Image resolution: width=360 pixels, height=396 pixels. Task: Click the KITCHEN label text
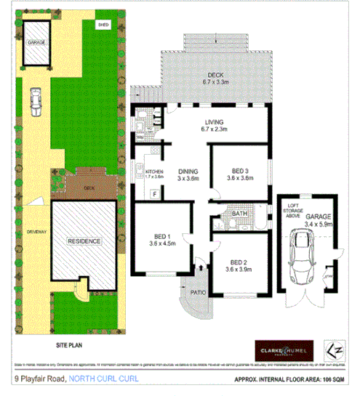145,172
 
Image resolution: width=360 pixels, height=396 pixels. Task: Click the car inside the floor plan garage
300,258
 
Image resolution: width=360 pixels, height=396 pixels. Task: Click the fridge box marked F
153,193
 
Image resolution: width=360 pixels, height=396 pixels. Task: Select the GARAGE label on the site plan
35,42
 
